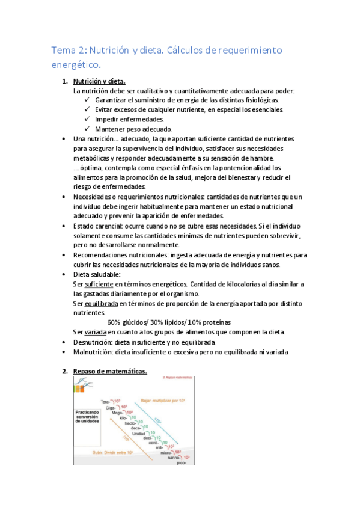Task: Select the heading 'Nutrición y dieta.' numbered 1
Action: (99, 81)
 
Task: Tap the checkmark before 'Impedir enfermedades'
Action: (88, 120)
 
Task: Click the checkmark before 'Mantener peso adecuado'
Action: (88, 129)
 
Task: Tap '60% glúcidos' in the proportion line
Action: (127, 323)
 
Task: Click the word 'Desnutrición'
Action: (94, 342)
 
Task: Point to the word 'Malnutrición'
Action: (94, 352)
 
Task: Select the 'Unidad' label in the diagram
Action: (139, 434)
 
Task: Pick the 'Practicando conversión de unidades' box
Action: (87, 417)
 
